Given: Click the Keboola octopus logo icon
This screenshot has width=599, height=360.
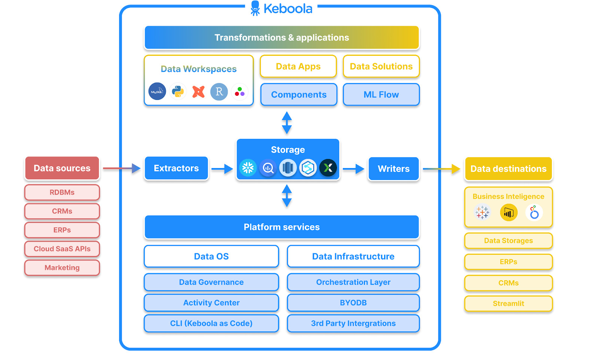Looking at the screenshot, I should (x=255, y=8).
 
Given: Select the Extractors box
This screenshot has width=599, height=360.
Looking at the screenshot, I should (x=176, y=168).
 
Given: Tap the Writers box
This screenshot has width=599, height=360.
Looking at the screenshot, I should (x=393, y=169).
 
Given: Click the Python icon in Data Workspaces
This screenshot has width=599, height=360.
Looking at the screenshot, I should (x=178, y=91).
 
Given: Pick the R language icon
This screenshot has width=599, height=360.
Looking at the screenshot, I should (x=219, y=91).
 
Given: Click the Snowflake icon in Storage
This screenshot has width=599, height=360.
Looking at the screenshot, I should (x=248, y=168).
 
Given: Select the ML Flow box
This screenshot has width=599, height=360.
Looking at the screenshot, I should (x=381, y=95).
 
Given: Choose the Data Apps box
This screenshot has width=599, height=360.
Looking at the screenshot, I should (x=298, y=67).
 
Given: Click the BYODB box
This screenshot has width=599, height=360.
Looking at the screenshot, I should (x=353, y=303).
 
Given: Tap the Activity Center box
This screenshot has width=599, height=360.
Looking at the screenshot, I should (x=211, y=303).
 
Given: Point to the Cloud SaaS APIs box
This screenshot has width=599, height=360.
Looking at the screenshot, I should (x=62, y=249).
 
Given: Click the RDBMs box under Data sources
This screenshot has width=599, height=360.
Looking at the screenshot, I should (x=62, y=192).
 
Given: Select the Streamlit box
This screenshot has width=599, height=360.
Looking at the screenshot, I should (x=508, y=303).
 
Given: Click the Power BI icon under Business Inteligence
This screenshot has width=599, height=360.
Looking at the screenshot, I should (x=508, y=213).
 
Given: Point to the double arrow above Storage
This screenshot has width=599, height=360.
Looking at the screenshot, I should (x=287, y=123).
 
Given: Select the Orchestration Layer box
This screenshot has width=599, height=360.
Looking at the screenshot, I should (x=353, y=282).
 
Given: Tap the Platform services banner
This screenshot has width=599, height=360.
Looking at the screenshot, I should (x=282, y=227).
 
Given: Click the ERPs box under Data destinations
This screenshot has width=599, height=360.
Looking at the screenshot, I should (x=508, y=262).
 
